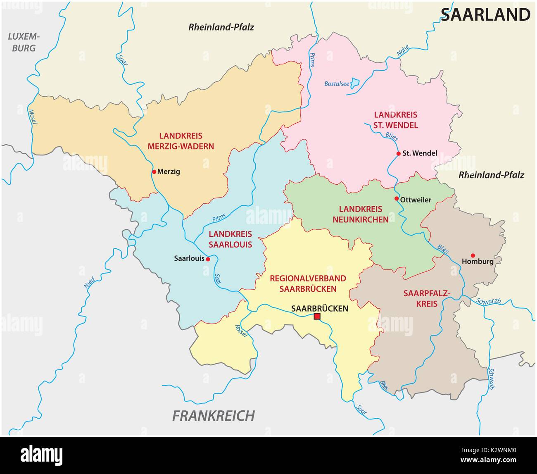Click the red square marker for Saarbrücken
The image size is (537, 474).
tap(317, 317)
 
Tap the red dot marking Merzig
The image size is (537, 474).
tap(154, 171)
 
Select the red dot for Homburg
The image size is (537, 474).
tap(473, 255)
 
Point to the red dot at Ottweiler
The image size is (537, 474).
tap(397, 199)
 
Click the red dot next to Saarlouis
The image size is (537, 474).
tap(208, 259)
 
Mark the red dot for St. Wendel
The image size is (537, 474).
tap(398, 153)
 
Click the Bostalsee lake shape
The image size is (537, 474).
tap(355, 83)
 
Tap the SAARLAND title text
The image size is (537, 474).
tap(485, 15)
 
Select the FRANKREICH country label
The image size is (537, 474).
tap(214, 415)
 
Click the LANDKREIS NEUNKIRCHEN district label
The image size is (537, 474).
tap(361, 214)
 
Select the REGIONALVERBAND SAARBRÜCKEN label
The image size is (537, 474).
tap(308, 283)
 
